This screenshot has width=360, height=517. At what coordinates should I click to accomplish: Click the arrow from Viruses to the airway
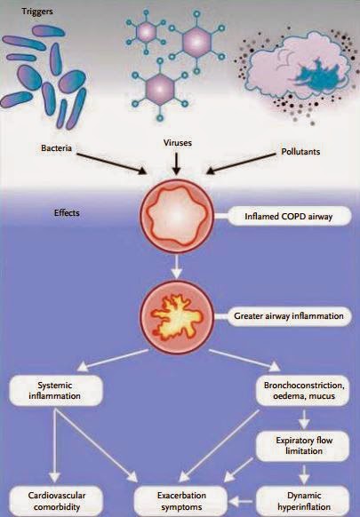pyautogui.click(x=178, y=163)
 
